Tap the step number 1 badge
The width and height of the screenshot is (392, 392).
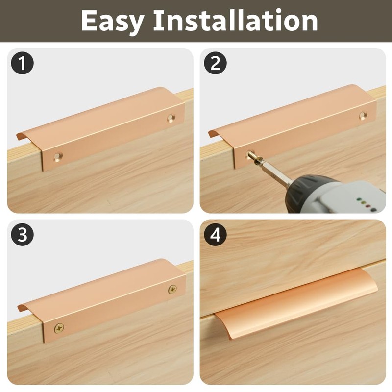coord(22,63)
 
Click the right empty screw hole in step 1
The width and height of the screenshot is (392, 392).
coord(171,118)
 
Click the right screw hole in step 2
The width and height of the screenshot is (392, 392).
coord(363,116)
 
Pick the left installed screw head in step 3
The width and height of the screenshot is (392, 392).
coord(59,326)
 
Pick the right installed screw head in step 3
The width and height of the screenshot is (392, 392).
coord(172,289)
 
